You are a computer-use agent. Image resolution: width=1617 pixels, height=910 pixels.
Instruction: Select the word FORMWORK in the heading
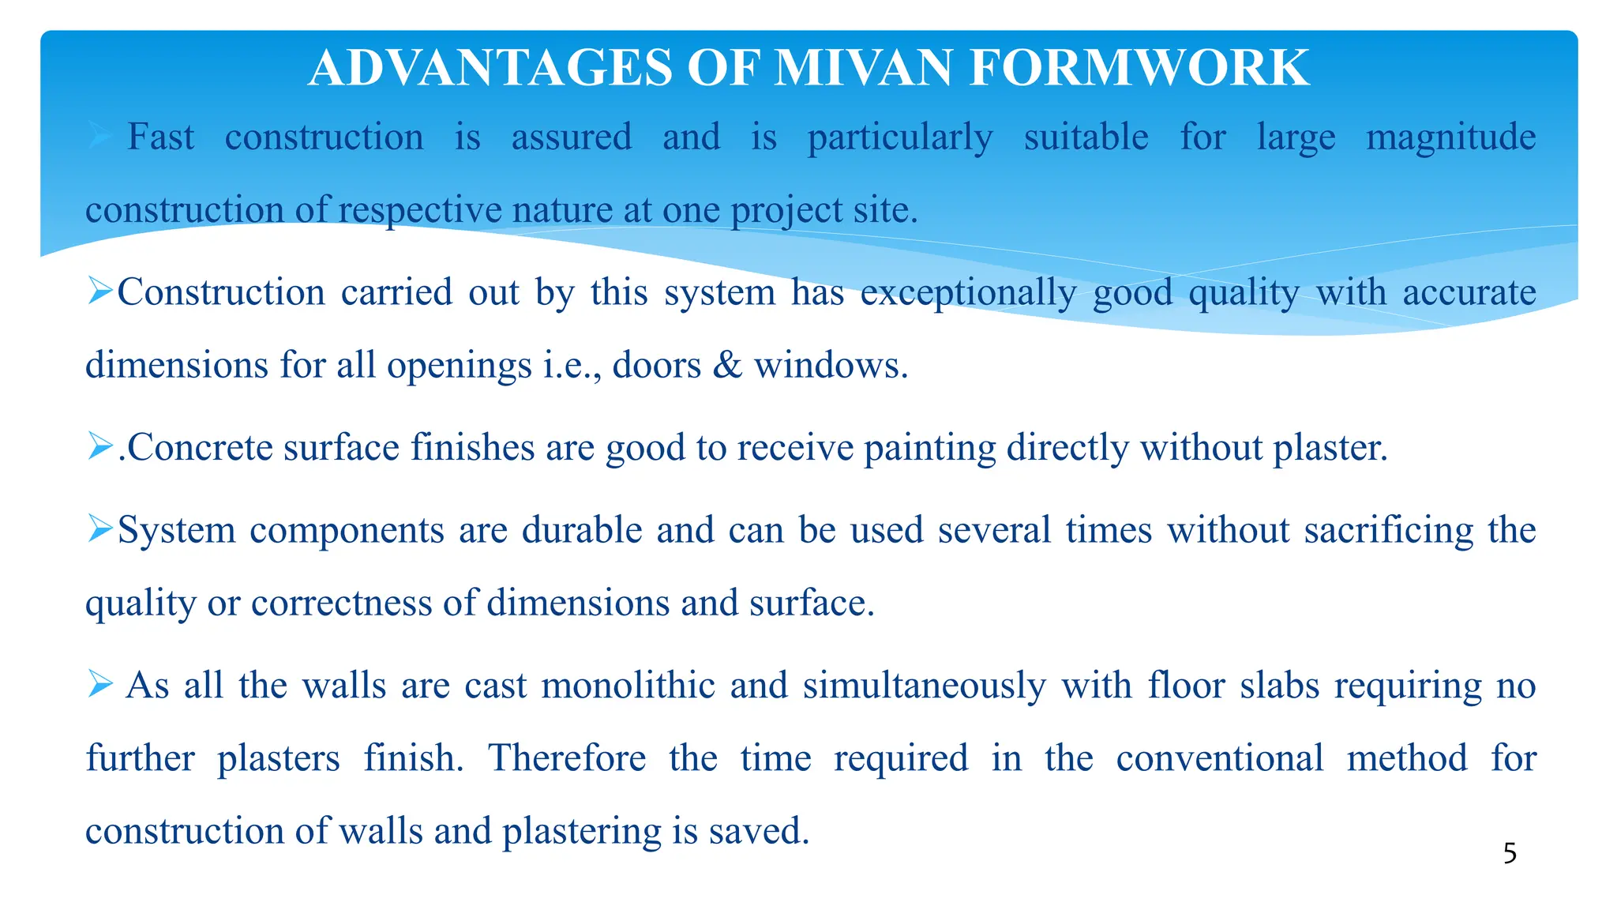[1139, 68]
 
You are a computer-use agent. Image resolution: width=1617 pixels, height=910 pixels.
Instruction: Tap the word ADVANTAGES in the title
[490, 68]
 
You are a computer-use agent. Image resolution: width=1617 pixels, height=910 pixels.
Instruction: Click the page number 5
[1510, 854]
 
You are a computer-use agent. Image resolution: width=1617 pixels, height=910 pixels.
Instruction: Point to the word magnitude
[1450, 137]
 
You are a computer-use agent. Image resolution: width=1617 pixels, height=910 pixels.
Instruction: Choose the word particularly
[900, 137]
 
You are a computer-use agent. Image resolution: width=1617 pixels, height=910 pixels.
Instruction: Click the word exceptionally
[968, 293]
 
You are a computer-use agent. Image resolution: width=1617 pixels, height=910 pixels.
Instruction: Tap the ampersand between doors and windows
[727, 366]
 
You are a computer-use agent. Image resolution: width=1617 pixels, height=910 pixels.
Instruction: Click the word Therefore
[567, 758]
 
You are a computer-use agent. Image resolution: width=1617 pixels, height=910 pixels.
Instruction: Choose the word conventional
[1219, 758]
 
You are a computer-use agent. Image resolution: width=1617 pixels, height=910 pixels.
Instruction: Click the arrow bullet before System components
[100, 527]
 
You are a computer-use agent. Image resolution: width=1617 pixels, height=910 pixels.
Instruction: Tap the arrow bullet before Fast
[100, 136]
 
